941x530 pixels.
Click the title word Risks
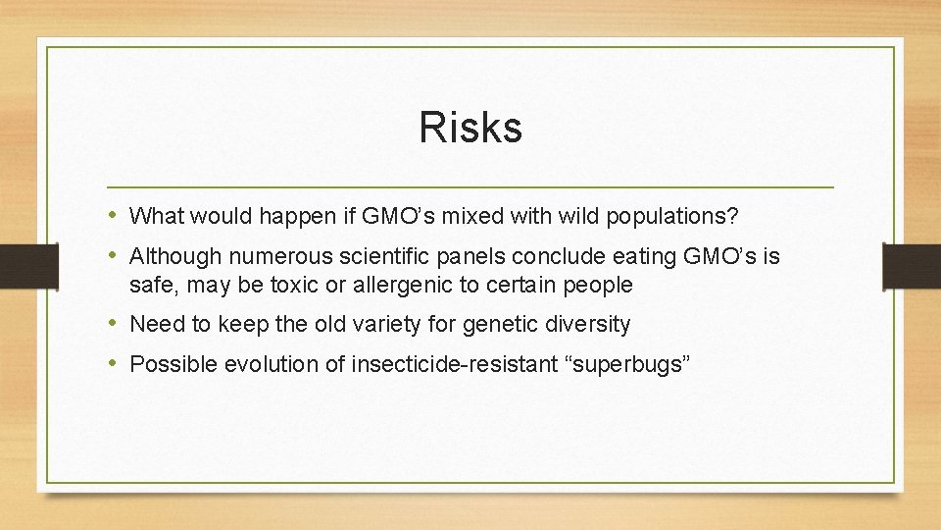point(470,128)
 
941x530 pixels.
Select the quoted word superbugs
point(626,365)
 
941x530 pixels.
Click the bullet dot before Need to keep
point(115,324)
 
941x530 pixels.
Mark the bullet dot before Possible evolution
point(115,364)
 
